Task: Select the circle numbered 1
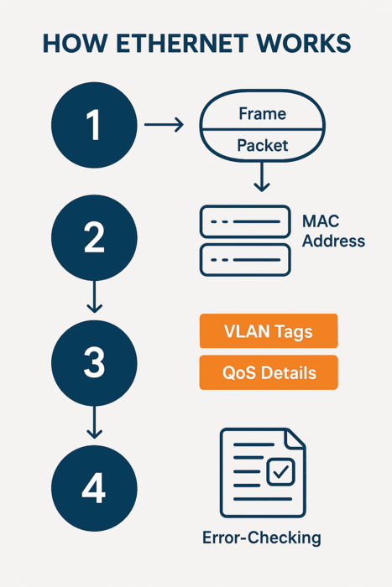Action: pos(94,126)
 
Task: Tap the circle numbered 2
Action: pos(94,238)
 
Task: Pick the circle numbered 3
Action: pos(94,363)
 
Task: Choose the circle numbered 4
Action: pos(94,488)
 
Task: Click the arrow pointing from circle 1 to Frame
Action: pos(164,126)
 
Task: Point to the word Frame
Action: pos(262,113)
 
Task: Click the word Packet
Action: pos(262,145)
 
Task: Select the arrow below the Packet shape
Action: pos(262,177)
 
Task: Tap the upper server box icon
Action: pos(244,221)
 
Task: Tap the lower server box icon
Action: pos(244,260)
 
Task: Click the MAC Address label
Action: pos(333,231)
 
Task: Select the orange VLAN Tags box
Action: pos(268,330)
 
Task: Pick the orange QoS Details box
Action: pos(268,372)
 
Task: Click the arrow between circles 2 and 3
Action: pos(94,296)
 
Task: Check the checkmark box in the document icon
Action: pos(280,473)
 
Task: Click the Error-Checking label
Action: pos(261,538)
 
